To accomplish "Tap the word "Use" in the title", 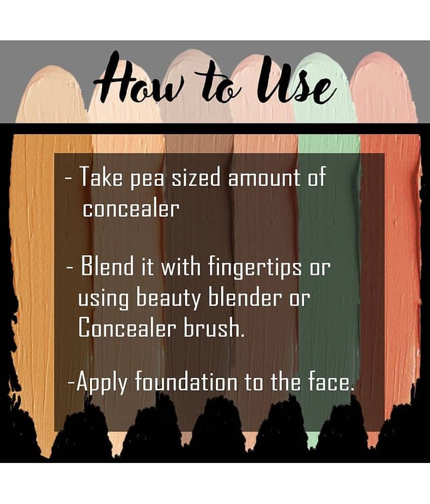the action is pos(296,81).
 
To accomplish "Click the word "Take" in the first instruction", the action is pos(101,176).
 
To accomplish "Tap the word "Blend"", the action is pos(107,265).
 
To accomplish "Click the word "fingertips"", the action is pos(255,267).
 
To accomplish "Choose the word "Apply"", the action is pos(102,382).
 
